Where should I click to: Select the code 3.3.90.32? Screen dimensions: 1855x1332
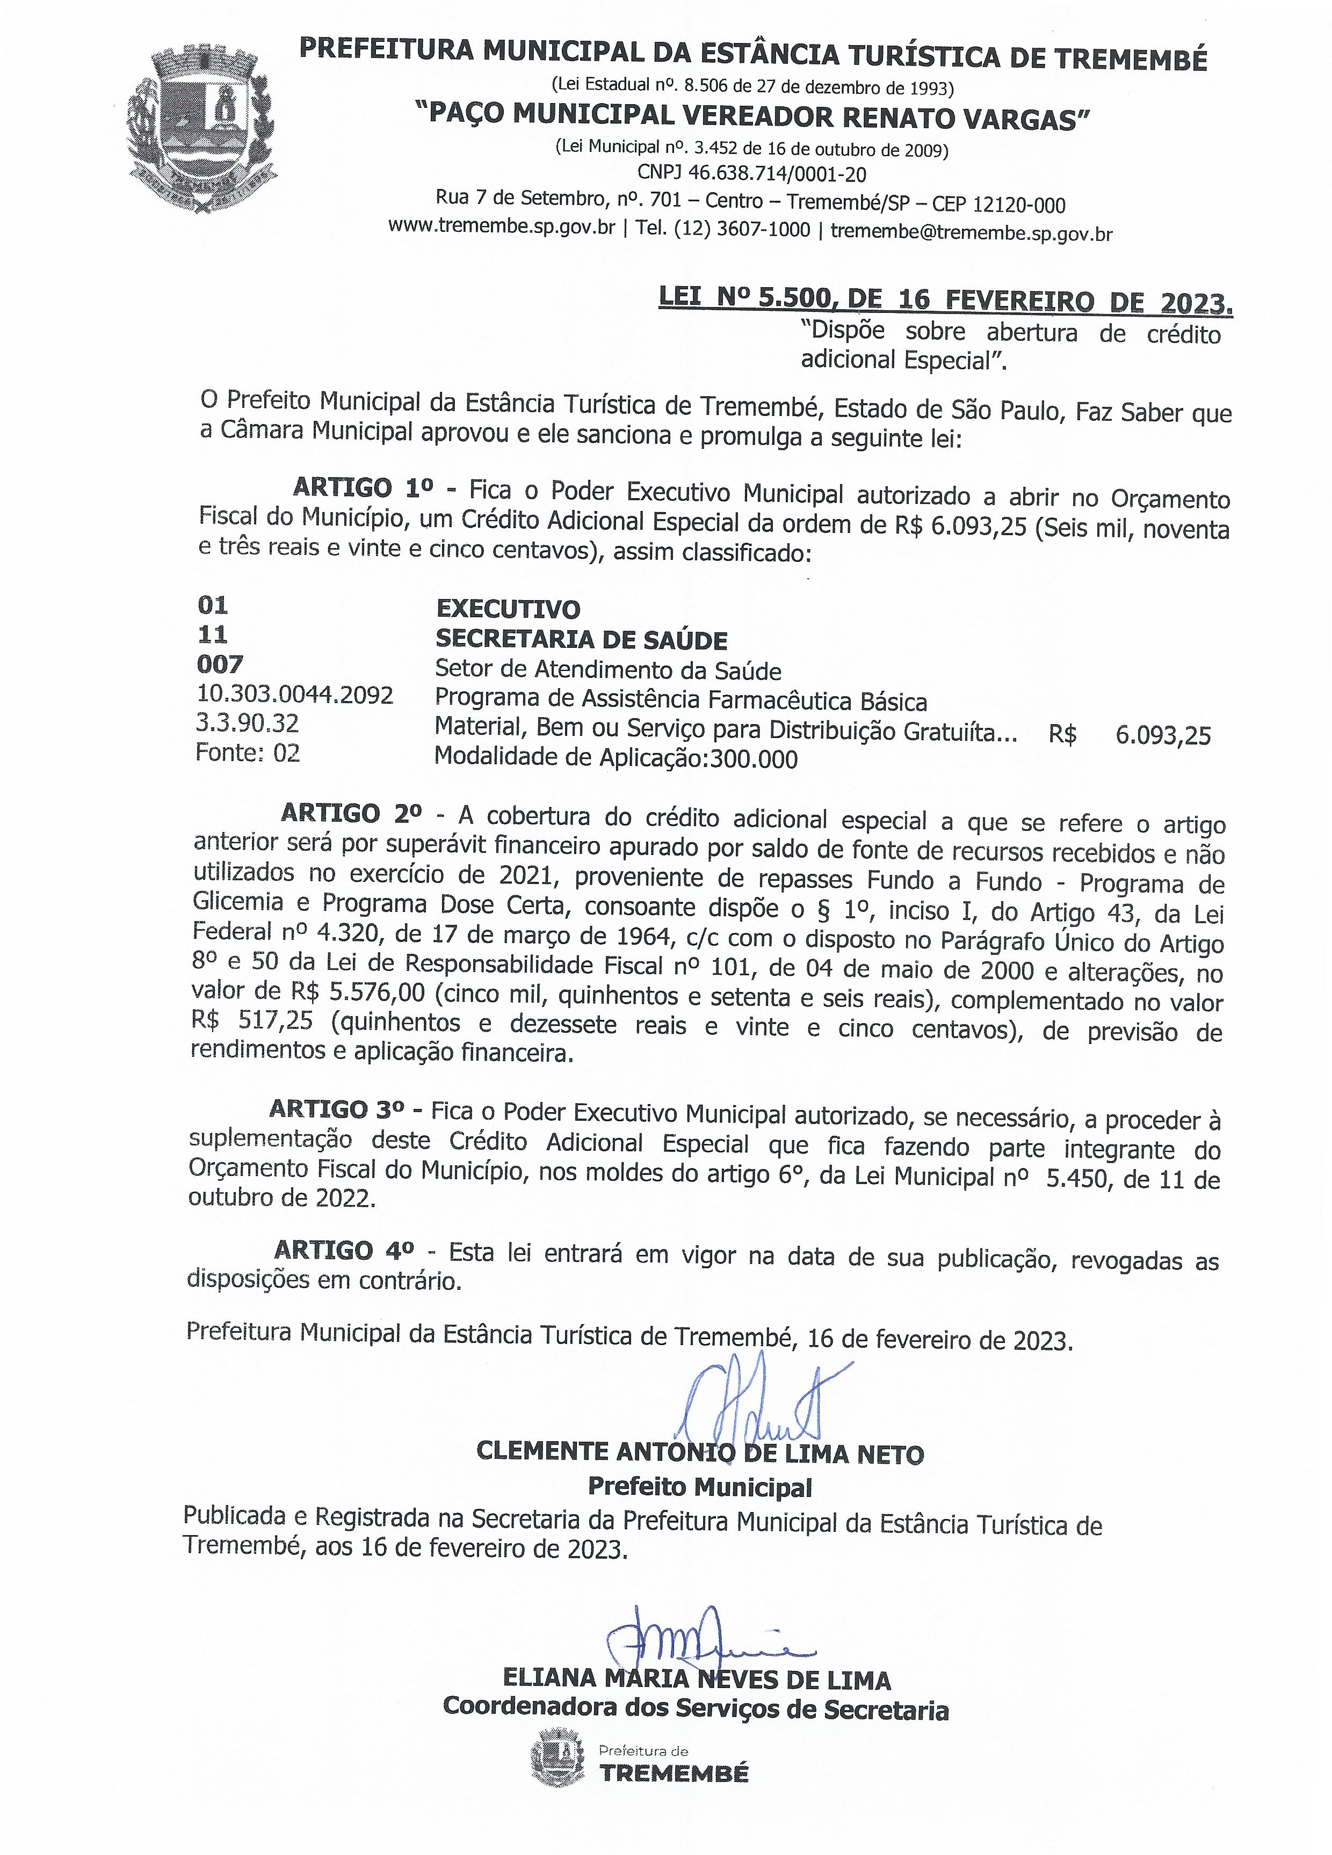point(247,723)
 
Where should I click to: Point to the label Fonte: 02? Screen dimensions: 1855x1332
point(247,753)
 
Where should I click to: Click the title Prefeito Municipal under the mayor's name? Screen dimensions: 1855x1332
point(700,1486)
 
